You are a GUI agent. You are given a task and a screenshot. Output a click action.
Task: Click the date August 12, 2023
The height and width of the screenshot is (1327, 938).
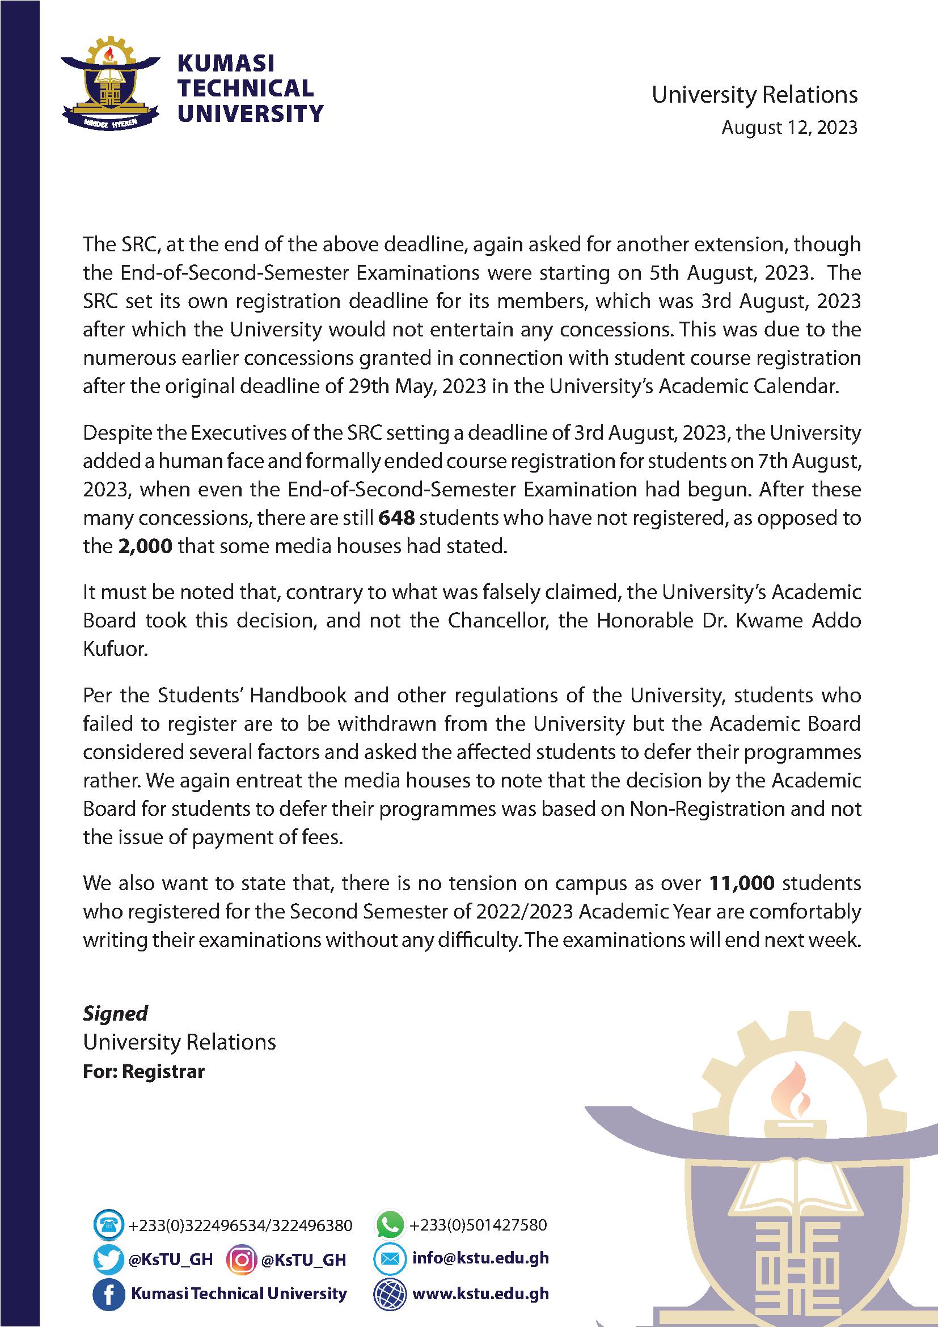[x=789, y=128]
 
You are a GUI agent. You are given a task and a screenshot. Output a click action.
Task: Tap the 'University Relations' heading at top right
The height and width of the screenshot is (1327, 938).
[x=754, y=95]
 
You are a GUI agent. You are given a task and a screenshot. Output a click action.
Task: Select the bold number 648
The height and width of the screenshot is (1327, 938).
[x=396, y=518]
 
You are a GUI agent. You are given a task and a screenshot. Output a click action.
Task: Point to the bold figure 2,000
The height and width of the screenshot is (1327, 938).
[x=145, y=546]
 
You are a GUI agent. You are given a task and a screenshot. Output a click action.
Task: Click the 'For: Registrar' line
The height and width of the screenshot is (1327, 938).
[x=144, y=1072]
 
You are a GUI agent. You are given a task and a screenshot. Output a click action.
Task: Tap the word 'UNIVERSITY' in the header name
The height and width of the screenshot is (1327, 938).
[x=250, y=113]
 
